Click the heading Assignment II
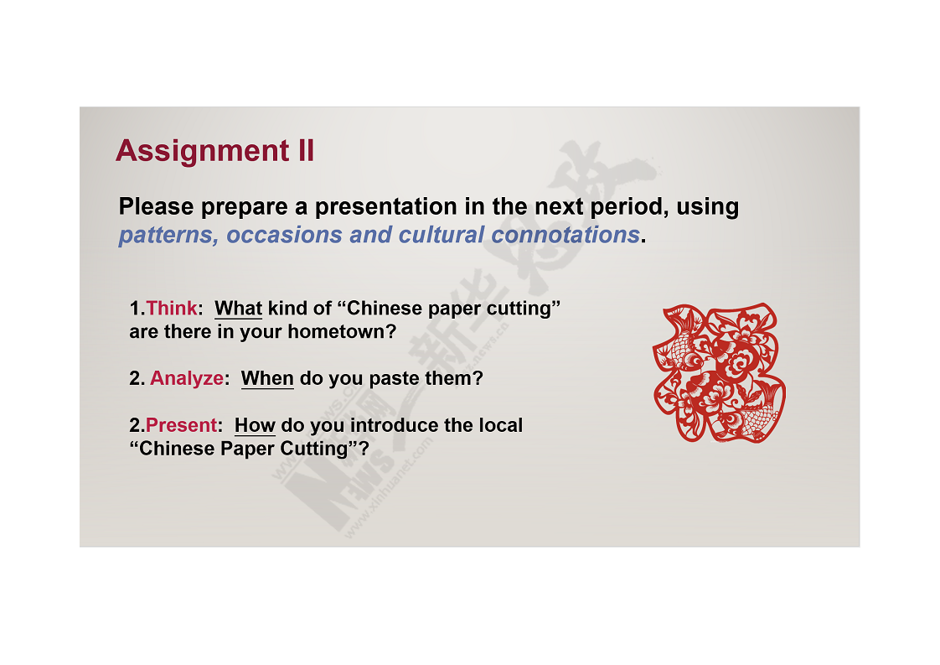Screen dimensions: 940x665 214,150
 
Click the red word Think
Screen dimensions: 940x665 172,308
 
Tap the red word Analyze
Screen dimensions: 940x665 187,378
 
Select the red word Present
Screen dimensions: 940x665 181,425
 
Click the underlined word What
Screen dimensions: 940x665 238,309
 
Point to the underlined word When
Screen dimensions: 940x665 267,379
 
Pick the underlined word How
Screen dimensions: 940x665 255,425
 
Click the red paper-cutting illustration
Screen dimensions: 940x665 719,372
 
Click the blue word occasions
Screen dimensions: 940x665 284,235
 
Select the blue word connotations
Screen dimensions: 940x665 566,235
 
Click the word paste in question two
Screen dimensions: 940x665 394,379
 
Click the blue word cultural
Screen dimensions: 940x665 442,235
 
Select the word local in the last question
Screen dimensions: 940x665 500,425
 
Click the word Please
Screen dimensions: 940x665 157,206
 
